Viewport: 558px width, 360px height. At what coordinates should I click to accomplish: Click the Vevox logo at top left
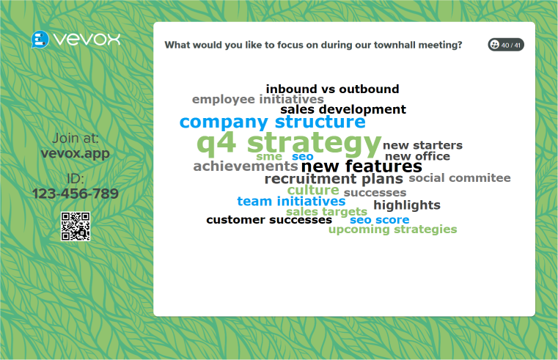point(76,39)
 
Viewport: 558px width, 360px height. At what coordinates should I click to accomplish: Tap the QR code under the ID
point(75,227)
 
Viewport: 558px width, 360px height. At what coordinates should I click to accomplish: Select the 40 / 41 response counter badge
point(506,45)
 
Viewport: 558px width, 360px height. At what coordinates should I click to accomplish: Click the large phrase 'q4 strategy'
point(289,142)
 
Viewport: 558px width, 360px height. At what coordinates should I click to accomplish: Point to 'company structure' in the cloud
point(272,122)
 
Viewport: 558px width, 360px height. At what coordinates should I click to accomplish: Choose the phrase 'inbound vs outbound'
point(332,89)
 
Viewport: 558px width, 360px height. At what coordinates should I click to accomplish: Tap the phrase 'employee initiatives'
point(257,100)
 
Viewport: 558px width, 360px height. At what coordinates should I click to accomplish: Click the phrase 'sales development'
point(342,110)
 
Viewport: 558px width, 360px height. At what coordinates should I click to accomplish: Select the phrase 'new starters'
point(422,145)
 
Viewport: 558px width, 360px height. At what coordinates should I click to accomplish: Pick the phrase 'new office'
point(417,156)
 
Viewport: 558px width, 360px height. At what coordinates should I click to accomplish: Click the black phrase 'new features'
point(361,166)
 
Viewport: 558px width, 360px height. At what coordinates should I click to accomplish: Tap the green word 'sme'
point(268,156)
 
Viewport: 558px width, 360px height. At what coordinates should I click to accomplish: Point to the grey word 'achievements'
point(245,166)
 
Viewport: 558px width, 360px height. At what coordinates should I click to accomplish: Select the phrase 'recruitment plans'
point(334,179)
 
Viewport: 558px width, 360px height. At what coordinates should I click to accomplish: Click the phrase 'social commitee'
point(459,178)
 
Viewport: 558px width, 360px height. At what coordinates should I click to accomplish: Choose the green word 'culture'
point(312,191)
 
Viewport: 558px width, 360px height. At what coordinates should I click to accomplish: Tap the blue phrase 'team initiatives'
point(291,202)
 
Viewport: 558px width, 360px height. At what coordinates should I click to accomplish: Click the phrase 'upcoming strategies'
point(392,229)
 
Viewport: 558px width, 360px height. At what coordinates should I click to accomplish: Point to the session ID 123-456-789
point(76,194)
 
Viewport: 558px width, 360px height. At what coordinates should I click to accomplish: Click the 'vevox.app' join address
point(76,154)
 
